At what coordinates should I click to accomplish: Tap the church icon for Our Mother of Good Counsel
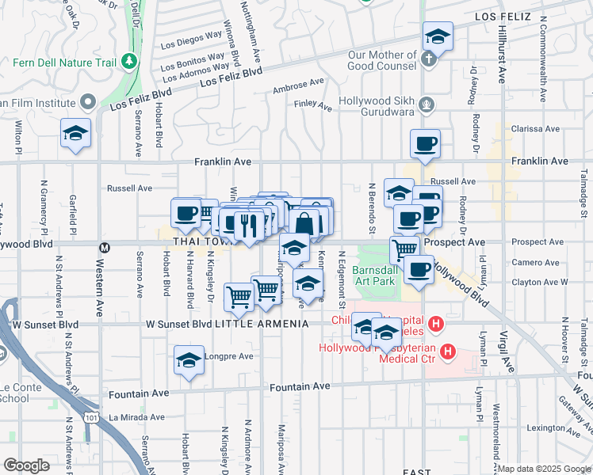428,59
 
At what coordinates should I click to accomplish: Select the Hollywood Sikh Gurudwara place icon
427,102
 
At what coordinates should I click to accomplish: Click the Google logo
26,465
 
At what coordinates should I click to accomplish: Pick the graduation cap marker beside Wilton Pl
76,133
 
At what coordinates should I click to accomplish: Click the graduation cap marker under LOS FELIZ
438,36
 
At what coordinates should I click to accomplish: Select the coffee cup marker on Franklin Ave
425,144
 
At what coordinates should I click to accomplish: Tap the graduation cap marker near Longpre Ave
189,359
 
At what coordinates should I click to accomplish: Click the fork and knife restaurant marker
249,225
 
